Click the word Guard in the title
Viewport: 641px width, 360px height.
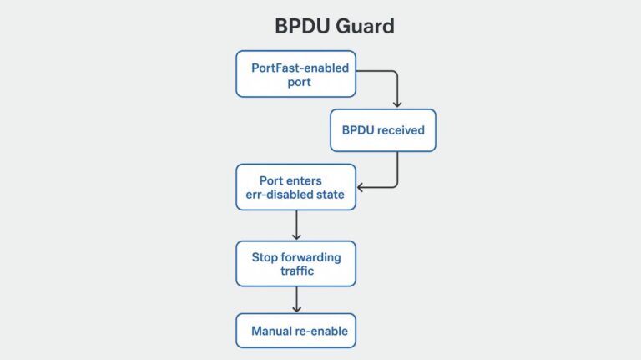366,26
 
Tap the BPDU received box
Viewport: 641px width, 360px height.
382,130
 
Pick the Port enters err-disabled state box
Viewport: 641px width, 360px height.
295,186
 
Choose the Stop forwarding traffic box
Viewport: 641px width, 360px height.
295,264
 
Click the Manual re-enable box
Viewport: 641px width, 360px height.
295,331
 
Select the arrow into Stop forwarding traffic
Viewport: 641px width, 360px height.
296,226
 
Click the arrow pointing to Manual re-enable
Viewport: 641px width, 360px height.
296,300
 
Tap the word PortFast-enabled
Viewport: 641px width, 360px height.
285,67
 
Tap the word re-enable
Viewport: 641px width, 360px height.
322,331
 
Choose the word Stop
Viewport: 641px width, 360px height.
265,257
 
